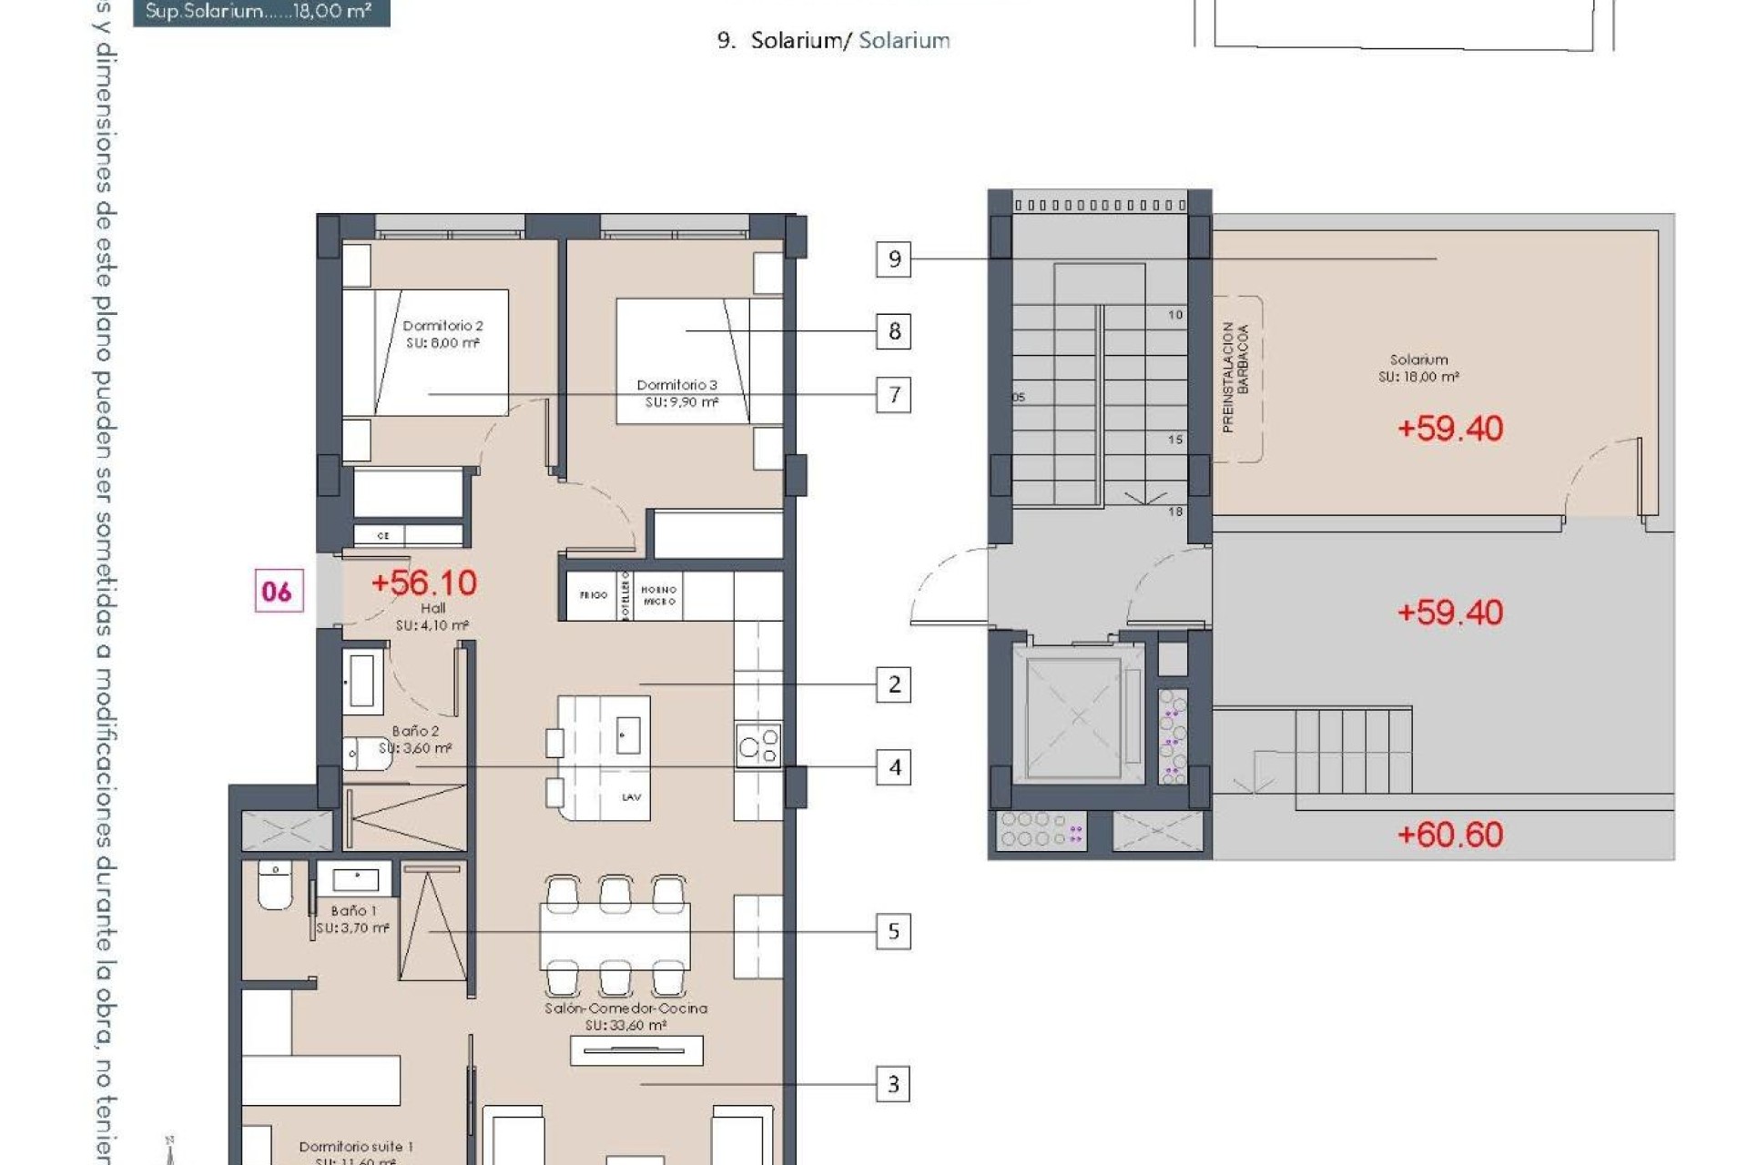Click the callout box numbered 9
click(x=893, y=259)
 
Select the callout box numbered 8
click(x=893, y=331)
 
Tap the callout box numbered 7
click(x=893, y=395)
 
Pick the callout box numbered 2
click(x=893, y=684)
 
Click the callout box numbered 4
click(x=893, y=768)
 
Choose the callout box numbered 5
click(x=893, y=932)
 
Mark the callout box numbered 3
click(x=893, y=1084)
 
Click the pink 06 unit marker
click(x=279, y=592)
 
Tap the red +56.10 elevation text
click(x=424, y=582)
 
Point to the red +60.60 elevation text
click(x=1449, y=835)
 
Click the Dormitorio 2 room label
click(x=442, y=334)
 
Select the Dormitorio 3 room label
click(x=677, y=393)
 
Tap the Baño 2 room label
click(x=416, y=739)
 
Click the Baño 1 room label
click(x=353, y=918)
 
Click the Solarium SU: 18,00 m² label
click(x=1418, y=368)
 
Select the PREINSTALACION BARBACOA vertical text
click(x=1235, y=377)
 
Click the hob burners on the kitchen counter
click(x=759, y=745)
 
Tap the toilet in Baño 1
click(x=275, y=886)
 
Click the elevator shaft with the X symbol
click(x=1078, y=717)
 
